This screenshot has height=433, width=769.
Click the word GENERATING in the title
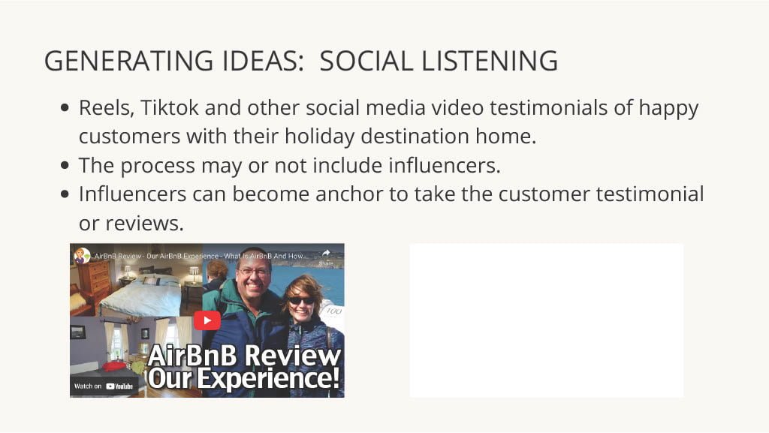click(128, 61)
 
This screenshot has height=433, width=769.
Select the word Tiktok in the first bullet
click(170, 108)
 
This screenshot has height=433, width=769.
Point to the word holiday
click(319, 137)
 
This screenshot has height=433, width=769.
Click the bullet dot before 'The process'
click(65, 165)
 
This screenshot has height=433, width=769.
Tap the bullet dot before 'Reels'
click(65, 107)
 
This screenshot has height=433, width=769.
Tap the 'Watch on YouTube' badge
click(104, 386)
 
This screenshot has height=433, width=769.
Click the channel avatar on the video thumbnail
click(82, 256)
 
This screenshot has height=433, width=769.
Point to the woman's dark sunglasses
click(301, 301)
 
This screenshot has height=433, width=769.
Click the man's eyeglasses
click(253, 270)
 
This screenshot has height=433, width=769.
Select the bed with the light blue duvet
click(142, 294)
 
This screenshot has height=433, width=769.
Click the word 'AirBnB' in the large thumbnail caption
click(196, 355)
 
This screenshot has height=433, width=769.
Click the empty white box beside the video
click(547, 320)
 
